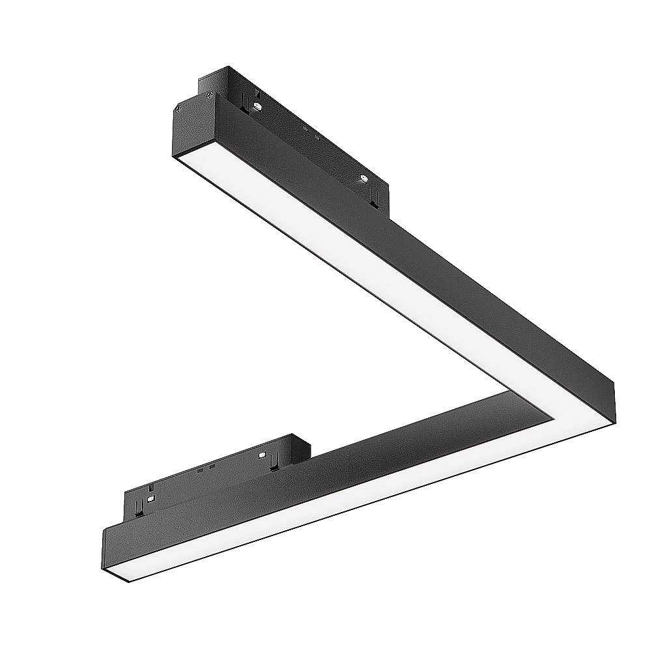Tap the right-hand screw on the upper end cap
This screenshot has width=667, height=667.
click(x=209, y=95)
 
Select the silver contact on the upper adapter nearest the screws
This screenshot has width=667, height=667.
click(x=259, y=106)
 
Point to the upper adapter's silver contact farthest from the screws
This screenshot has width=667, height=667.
click(x=363, y=178)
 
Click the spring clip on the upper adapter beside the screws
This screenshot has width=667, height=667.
click(x=243, y=100)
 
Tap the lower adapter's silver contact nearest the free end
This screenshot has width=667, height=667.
click(x=150, y=498)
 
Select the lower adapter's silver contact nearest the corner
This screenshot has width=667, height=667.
click(x=263, y=455)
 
